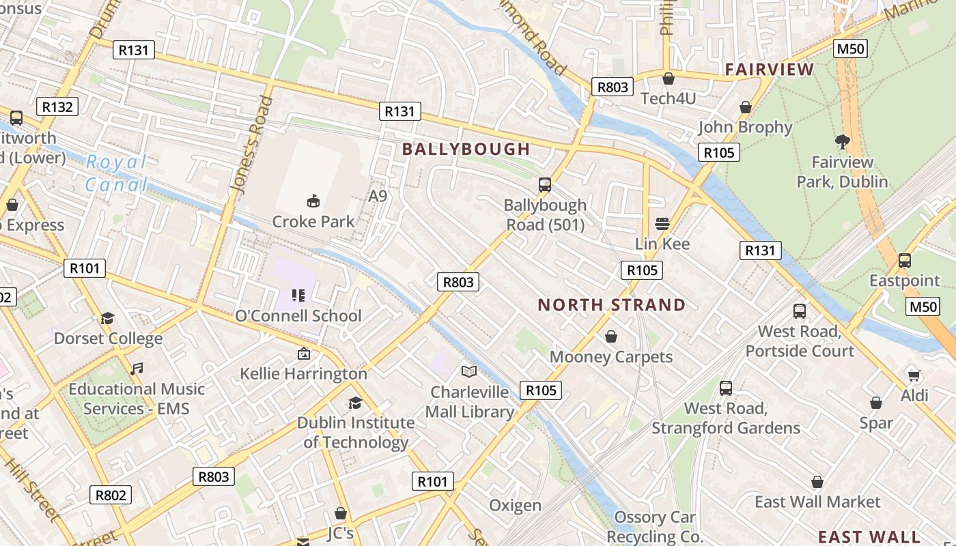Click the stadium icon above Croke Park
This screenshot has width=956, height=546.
(313, 201)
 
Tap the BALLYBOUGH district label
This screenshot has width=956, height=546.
(466, 149)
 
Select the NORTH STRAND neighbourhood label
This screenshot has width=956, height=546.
(611, 305)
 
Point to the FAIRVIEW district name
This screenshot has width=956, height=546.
(770, 69)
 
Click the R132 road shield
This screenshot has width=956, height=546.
(57, 106)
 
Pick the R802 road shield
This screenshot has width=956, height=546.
(111, 495)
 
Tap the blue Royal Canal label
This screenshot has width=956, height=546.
(116, 173)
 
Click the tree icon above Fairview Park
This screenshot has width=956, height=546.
(842, 141)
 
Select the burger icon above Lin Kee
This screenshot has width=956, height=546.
(662, 223)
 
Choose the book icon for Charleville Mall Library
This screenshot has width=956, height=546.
(468, 371)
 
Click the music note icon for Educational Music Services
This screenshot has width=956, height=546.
(137, 369)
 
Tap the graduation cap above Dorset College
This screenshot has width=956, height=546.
(107, 318)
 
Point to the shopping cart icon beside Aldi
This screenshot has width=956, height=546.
(914, 375)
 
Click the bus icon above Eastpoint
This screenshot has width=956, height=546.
(904, 260)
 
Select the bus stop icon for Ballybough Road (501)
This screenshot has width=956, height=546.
(544, 184)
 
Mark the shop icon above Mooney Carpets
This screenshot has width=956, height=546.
(610, 336)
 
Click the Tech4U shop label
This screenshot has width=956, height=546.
(668, 98)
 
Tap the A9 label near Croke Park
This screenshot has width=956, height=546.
(378, 196)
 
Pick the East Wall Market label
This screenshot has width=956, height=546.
(817, 502)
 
